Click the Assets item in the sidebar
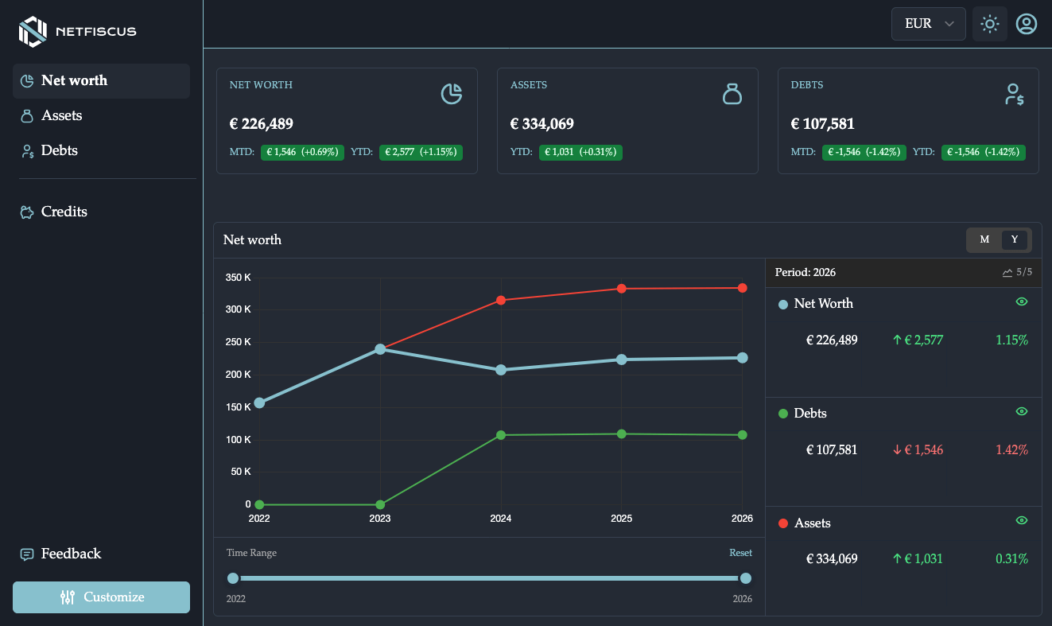(x=61, y=115)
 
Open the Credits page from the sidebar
(x=64, y=212)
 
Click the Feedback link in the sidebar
(x=71, y=554)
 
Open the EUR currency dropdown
(x=928, y=24)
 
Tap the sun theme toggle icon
(x=989, y=24)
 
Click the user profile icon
(x=1027, y=24)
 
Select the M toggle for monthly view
(x=984, y=239)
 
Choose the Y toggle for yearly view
(x=1014, y=239)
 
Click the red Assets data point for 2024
(x=501, y=300)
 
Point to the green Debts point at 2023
(x=380, y=504)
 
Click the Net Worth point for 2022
(x=259, y=402)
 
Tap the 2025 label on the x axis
(x=621, y=519)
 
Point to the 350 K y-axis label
(x=239, y=278)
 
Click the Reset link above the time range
(x=740, y=553)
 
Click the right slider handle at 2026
(x=745, y=578)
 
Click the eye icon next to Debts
(x=1022, y=411)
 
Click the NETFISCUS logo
(x=77, y=32)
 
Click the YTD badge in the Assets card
(x=580, y=152)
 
